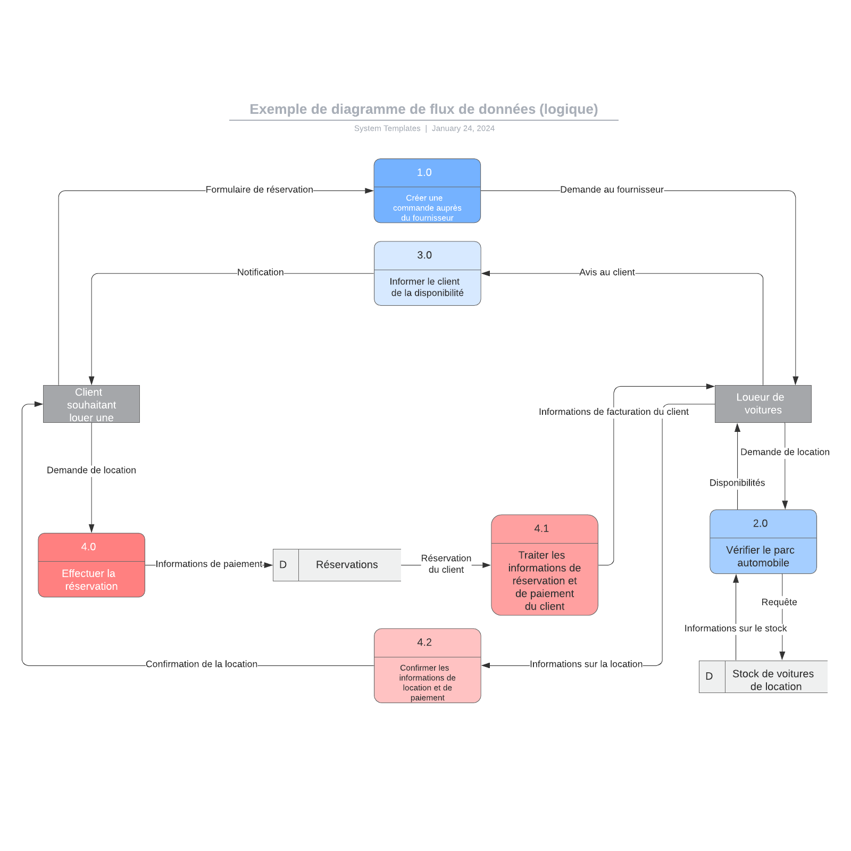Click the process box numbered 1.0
click(427, 190)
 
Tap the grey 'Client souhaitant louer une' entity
click(91, 404)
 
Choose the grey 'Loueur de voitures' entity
click(763, 404)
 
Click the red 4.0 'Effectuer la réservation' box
click(91, 565)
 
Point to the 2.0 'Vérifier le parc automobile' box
click(763, 541)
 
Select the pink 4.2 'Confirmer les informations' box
click(427, 665)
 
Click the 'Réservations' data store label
click(347, 565)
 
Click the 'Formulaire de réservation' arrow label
click(259, 190)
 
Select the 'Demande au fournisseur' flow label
click(612, 190)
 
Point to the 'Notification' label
click(260, 272)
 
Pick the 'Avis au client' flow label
click(607, 272)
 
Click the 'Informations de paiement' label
click(209, 564)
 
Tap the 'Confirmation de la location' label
click(201, 664)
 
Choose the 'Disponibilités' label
click(737, 483)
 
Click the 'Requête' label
click(779, 602)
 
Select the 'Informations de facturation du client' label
click(613, 412)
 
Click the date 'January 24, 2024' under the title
click(463, 128)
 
